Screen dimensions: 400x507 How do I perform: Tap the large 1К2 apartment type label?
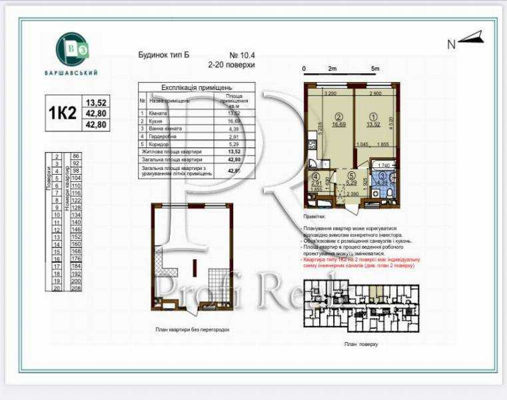pyautogui.click(x=62, y=113)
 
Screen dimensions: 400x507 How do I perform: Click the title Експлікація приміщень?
pyautogui.click(x=197, y=87)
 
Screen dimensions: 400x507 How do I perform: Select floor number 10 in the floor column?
pyautogui.click(x=58, y=215)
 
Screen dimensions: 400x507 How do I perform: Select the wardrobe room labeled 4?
pyautogui.click(x=317, y=180)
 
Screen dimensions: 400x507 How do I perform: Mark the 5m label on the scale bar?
pyautogui.click(x=375, y=69)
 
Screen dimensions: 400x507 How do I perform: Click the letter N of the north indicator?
pyautogui.click(x=451, y=45)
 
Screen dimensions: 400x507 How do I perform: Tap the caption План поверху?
pyautogui.click(x=361, y=344)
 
